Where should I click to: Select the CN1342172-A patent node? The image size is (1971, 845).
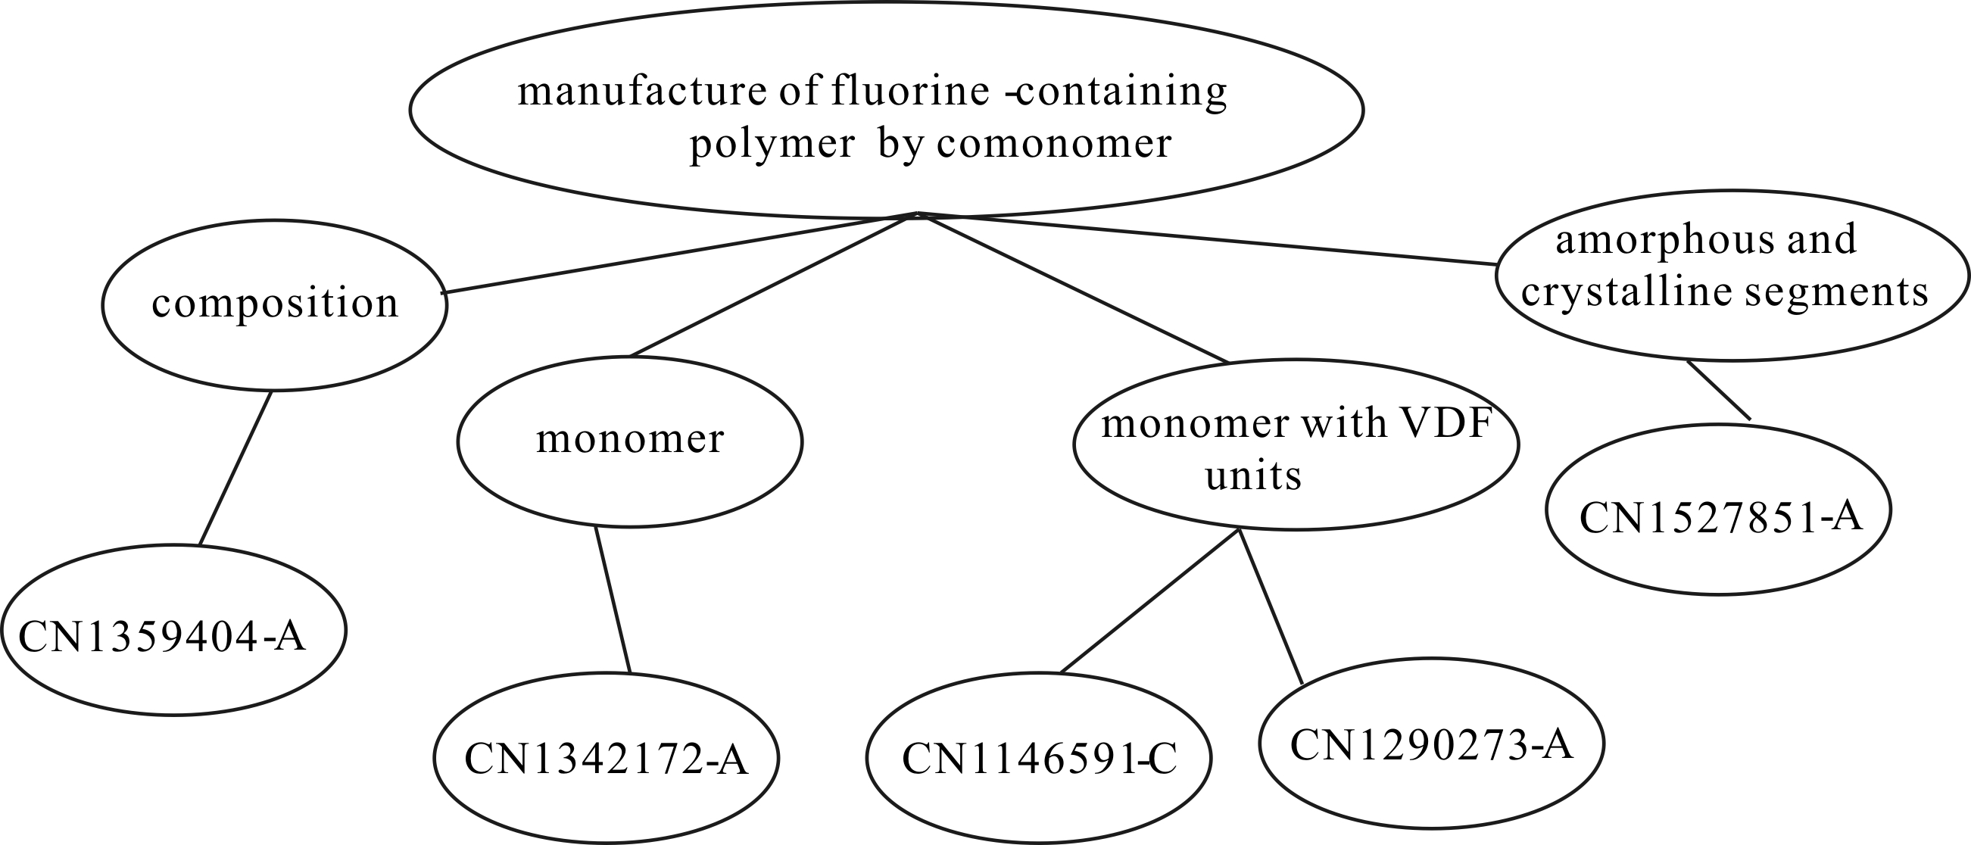click(x=606, y=758)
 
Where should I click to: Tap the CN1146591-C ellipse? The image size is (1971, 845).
click(x=1039, y=758)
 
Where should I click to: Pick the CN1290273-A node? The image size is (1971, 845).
click(x=1431, y=743)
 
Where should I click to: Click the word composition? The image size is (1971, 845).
click(x=276, y=303)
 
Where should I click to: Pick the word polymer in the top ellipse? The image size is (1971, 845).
click(x=772, y=144)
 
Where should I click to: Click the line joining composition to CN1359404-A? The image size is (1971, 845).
click(x=235, y=469)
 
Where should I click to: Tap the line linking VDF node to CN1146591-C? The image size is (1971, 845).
click(x=1149, y=602)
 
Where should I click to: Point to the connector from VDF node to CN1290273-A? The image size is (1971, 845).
click(x=1270, y=606)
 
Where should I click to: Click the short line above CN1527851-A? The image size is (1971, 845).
click(x=1719, y=391)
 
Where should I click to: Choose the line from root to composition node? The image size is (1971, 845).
click(x=673, y=254)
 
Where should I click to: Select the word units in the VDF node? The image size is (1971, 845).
click(x=1253, y=476)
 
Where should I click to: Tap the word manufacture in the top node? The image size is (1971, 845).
click(x=642, y=92)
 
